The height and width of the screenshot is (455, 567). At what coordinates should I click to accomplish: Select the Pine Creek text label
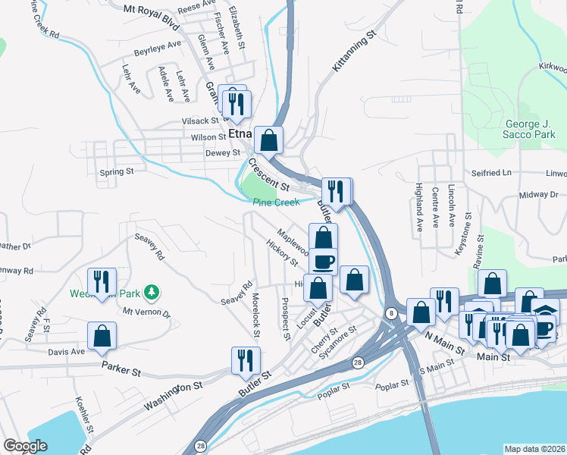coord(276,202)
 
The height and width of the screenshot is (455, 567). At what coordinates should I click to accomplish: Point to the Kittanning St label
coord(354,52)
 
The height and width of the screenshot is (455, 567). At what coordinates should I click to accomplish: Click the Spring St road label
coord(117,172)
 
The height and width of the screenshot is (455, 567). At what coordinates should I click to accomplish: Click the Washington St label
coord(177,396)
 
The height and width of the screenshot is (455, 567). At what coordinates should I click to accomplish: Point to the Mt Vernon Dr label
coord(147,312)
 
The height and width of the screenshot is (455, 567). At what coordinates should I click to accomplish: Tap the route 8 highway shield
coord(390,312)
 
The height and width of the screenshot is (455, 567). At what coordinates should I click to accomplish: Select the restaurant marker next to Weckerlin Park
coord(99,282)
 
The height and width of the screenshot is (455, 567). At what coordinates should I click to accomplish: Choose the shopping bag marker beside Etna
coord(268,140)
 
